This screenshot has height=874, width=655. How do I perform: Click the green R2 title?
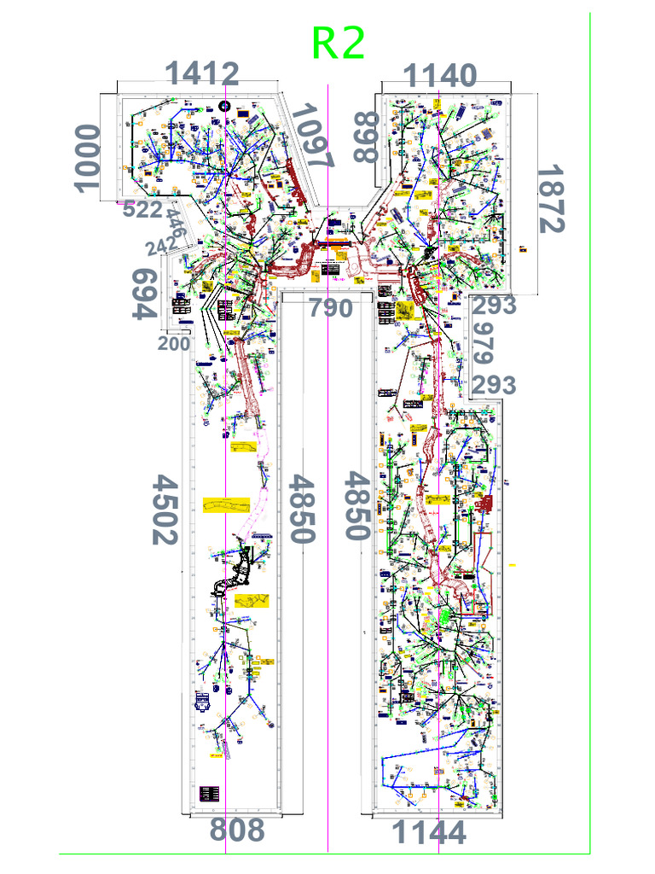[x=339, y=44]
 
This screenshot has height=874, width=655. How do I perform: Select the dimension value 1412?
[x=202, y=74]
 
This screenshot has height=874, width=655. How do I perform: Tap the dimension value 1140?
[x=439, y=76]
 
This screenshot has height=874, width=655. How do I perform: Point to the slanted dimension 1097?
[x=313, y=137]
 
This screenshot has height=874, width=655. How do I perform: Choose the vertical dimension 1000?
[x=87, y=158]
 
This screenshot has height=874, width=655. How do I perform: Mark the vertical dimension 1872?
[x=550, y=199]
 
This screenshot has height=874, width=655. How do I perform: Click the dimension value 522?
[x=142, y=210]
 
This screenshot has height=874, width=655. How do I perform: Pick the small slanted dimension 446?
[x=176, y=224]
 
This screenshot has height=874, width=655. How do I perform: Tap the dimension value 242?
[x=163, y=248]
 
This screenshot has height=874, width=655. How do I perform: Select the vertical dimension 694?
[x=146, y=294]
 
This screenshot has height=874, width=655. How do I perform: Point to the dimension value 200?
[x=174, y=344]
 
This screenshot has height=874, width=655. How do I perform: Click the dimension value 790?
[x=330, y=308]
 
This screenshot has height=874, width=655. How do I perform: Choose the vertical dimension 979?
[x=484, y=343]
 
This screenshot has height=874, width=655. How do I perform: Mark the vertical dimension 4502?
[x=164, y=509]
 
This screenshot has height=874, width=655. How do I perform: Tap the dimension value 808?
[x=237, y=830]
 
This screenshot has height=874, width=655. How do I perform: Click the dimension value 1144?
[x=429, y=832]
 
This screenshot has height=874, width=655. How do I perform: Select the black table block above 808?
[x=211, y=793]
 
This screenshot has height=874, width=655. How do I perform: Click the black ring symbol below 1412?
[x=224, y=105]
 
